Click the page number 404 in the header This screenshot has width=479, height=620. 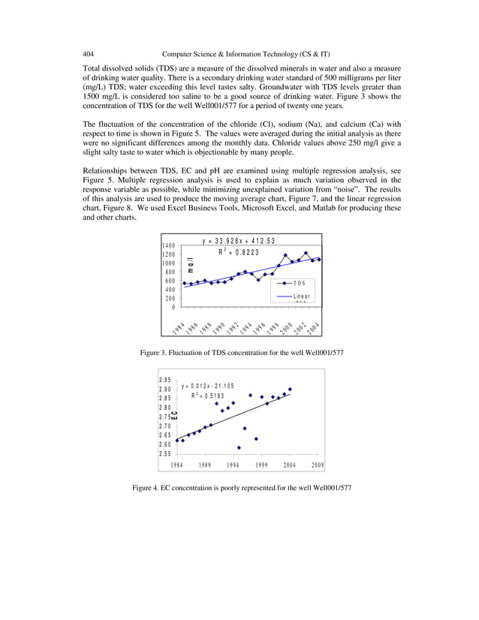89,54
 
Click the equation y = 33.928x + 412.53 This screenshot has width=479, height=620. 238,241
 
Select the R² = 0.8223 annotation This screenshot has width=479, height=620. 238,252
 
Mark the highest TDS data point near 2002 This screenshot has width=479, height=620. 306,253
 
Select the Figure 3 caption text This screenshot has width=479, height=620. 239,352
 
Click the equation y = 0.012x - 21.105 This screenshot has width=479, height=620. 208,386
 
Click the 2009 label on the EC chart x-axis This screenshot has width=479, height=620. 318,465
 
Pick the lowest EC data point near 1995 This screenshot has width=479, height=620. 239,447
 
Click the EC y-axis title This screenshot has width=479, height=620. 174,415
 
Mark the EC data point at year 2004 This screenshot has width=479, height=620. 290,389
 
